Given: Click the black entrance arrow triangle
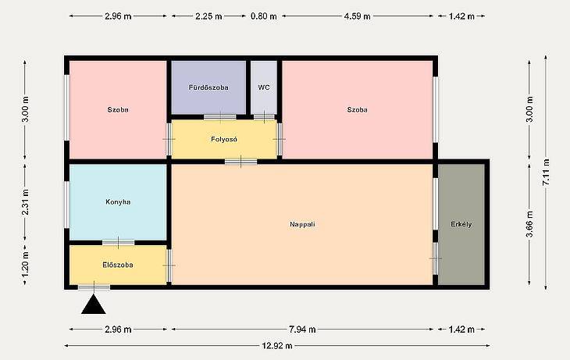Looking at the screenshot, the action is point(94,305).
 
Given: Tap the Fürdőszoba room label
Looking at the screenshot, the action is point(208,87).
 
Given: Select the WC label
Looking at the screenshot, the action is point(264,87).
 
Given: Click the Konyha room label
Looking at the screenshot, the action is point(118,201).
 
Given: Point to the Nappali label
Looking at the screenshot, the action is point(302,224).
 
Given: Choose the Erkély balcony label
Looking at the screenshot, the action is point(461,224).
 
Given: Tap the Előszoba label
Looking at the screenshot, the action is point(118,265).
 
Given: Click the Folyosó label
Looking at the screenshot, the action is point(224,139).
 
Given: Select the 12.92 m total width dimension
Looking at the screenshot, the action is point(277,346).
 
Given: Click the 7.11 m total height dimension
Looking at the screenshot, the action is point(546,173).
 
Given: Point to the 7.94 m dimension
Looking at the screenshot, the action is point(302,330).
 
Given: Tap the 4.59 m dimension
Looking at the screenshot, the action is point(358,16).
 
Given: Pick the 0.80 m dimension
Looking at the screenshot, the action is point(264,16).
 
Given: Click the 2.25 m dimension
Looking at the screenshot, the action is point(208,16).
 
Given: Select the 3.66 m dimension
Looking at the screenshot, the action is point(529,224).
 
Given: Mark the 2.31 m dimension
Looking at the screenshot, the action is point(26,202).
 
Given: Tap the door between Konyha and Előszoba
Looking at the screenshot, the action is point(118,243).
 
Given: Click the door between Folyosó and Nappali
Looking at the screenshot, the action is point(240,162).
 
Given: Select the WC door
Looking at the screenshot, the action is point(264,116).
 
